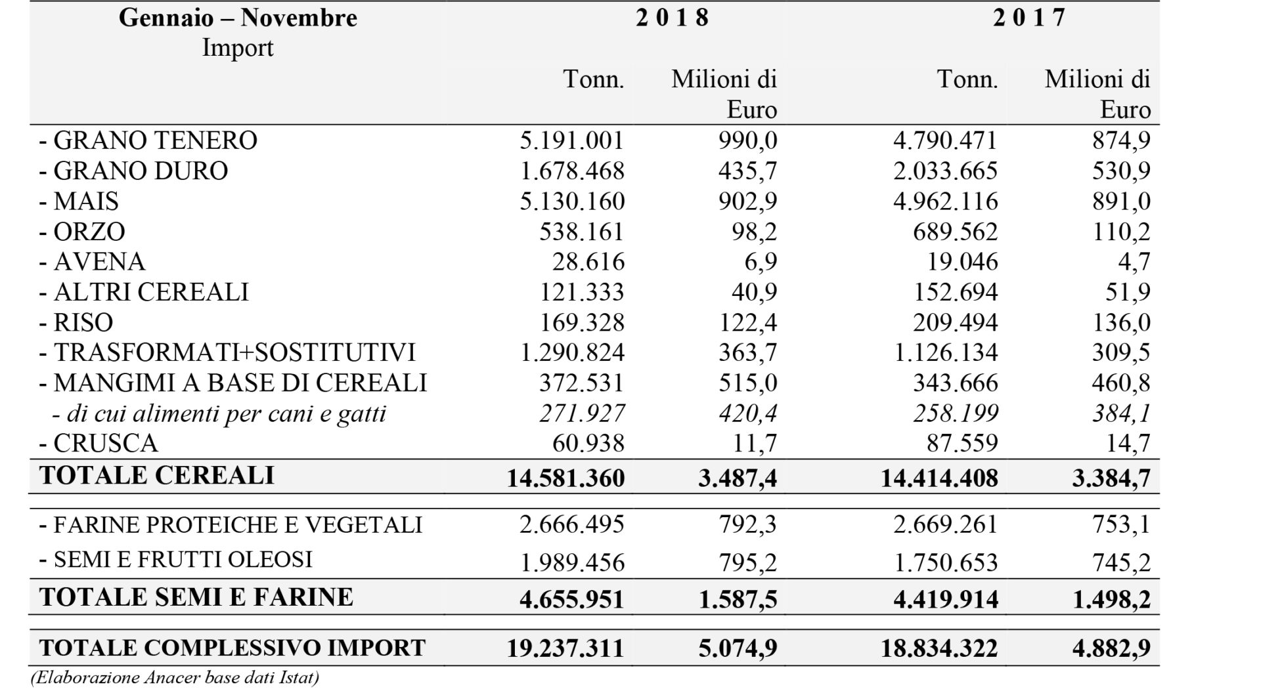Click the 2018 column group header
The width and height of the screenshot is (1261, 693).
[673, 18]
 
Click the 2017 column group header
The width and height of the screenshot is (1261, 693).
[1029, 18]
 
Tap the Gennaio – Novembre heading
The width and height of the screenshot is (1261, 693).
[238, 18]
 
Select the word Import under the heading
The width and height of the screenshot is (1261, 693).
[238, 48]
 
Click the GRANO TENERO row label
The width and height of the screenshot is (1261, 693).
[148, 140]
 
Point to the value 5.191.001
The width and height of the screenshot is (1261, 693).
[572, 140]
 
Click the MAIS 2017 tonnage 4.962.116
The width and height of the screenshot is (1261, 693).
[946, 201]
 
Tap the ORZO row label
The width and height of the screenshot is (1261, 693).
[82, 232]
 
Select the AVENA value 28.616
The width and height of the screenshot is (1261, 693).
[588, 262]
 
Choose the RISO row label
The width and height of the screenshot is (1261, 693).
[76, 323]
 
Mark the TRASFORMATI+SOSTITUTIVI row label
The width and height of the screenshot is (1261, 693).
[227, 353]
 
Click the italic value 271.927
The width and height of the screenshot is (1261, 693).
[583, 413]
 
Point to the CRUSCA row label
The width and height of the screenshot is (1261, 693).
[99, 444]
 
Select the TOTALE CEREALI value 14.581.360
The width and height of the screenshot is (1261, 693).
[565, 478]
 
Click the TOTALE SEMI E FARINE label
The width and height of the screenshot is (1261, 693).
[196, 597]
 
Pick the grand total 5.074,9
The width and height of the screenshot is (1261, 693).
[738, 648]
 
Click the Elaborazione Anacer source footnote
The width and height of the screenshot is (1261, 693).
[175, 677]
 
